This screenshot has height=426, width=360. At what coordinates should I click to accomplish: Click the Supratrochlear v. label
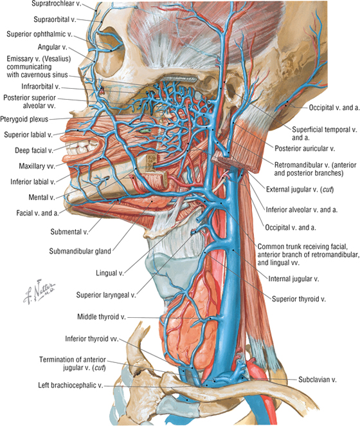(x=56, y=4)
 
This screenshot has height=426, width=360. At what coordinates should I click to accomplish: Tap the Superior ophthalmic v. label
(x=40, y=34)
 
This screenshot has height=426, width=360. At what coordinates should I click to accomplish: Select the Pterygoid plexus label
(x=24, y=119)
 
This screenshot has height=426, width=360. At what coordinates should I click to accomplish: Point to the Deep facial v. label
(x=34, y=151)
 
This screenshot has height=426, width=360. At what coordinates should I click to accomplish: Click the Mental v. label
(x=42, y=198)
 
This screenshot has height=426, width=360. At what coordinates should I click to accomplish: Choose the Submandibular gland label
(x=80, y=251)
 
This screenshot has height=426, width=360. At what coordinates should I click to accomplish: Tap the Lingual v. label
(x=110, y=273)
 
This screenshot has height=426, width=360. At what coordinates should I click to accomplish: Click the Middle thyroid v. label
(x=102, y=317)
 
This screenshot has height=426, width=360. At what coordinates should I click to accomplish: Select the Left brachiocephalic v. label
(x=71, y=385)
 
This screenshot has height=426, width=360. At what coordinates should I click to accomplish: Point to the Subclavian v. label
(x=318, y=380)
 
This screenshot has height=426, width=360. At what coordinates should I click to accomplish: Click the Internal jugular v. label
(x=294, y=279)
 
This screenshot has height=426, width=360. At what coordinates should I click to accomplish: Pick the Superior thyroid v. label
(x=299, y=299)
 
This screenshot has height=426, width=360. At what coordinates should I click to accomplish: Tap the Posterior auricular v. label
(x=305, y=149)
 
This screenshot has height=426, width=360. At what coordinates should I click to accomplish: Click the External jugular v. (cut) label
(x=300, y=189)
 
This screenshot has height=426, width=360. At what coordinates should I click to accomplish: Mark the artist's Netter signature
(x=39, y=292)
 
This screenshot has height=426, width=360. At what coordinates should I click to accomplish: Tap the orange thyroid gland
(x=190, y=320)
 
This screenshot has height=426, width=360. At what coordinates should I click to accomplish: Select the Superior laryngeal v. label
(x=106, y=295)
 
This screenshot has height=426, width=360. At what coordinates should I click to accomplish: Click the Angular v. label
(x=53, y=47)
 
